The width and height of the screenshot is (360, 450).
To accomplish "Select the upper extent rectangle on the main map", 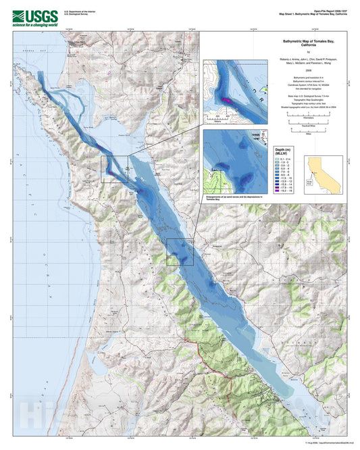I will pyautogui.click(x=114, y=168).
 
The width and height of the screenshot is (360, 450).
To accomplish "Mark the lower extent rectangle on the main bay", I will pyautogui.click(x=180, y=251).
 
